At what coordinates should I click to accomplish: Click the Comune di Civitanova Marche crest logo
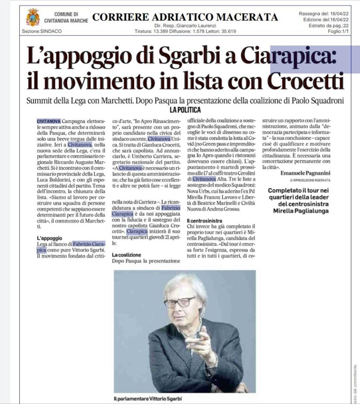[32, 17]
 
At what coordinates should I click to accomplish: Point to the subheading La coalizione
[127, 255]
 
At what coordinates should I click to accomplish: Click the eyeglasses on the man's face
[180, 303]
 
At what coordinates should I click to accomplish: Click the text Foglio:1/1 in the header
[339, 31]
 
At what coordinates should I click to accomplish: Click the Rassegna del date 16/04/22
[341, 14]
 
